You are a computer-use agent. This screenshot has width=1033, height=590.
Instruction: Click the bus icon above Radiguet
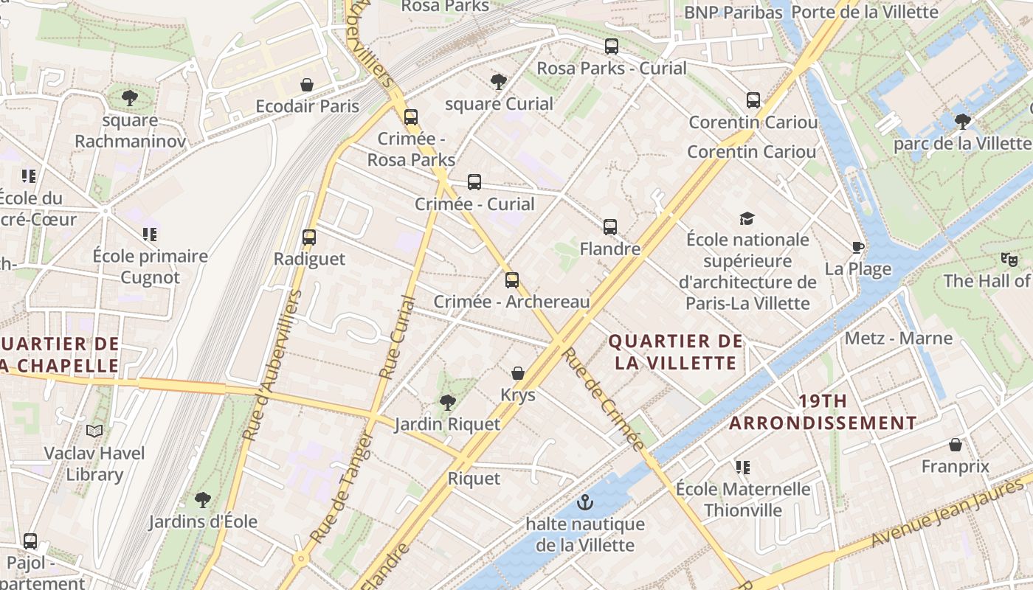point(309,237)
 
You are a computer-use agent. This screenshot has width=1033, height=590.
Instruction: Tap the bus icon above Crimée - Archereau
point(512,280)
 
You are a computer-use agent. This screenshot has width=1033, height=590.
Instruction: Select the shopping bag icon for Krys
point(518,373)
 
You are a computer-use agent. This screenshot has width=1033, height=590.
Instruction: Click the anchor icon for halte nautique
point(585,503)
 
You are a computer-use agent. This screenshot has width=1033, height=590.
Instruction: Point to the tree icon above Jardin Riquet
point(447,402)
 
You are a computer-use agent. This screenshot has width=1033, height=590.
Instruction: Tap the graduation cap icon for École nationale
point(747,218)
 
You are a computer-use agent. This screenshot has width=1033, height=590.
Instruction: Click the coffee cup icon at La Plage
point(857,247)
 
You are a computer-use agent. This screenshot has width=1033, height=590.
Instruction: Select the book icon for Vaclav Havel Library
point(94,431)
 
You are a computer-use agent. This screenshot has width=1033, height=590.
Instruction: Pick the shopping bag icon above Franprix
point(956,445)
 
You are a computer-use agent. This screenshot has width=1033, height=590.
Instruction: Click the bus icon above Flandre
point(610,227)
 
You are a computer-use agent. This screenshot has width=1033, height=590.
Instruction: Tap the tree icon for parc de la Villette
point(962,121)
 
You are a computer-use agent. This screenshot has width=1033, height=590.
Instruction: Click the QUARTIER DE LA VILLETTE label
point(675,352)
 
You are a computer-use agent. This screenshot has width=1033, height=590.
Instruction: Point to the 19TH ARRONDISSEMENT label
point(823,412)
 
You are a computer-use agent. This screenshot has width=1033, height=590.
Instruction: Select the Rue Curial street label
point(397,338)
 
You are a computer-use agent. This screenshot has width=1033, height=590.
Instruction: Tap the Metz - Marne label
point(899,339)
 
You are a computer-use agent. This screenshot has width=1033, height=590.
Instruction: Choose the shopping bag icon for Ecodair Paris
point(307,85)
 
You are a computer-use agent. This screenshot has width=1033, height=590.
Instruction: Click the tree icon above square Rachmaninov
point(130,97)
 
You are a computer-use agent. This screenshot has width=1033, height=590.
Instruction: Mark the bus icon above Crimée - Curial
point(474,182)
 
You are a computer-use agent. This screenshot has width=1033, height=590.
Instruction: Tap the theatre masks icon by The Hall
point(1009,259)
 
